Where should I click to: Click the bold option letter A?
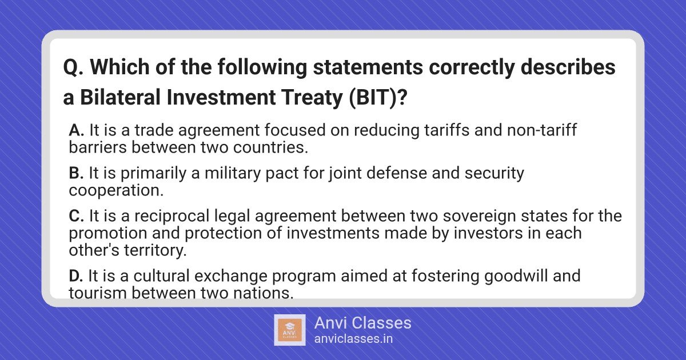coord(76,130)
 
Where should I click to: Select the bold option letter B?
coord(76,173)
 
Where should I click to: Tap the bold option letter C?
coord(77,216)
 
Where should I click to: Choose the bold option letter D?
coord(76,276)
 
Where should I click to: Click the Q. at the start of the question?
coord(74,68)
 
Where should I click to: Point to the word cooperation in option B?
coord(116,191)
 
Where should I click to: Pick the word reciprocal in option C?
coord(172,217)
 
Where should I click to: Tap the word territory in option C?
coord(155,251)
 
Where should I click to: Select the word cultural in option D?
coord(162,276)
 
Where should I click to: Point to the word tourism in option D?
coord(98,293)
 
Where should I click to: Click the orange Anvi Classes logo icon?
coord(290,330)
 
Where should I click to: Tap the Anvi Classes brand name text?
coord(362,323)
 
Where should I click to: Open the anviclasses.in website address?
coord(353,339)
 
